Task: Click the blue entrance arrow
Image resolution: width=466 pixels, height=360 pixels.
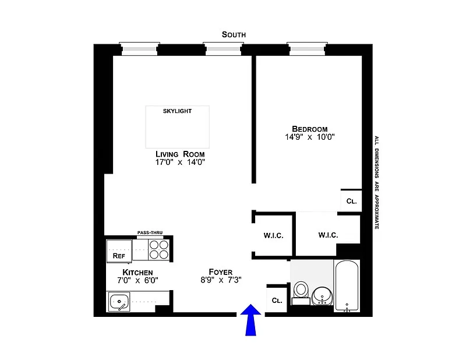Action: pos(251,320)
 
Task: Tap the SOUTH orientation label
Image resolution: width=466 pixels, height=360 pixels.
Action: pos(234,34)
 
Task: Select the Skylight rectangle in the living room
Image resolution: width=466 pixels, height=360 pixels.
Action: pos(177,127)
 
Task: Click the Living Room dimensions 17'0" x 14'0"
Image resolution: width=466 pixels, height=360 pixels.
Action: pos(180,163)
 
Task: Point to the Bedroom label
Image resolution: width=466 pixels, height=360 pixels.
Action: pos(309,129)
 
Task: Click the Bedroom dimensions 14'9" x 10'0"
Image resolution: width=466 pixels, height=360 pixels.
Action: pos(309,137)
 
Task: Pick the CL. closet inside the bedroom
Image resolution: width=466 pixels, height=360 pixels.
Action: pos(351,201)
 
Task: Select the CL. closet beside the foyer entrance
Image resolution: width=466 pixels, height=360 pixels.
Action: pos(277,301)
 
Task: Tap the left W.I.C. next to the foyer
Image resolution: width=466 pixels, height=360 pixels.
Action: pos(273,235)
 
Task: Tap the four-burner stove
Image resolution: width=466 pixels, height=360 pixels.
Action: pos(158,250)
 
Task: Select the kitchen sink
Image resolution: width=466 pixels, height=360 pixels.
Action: pos(119,302)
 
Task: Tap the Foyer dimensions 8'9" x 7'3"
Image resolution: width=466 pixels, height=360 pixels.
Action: pos(221,280)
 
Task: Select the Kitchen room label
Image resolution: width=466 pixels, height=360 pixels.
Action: pos(137,273)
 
